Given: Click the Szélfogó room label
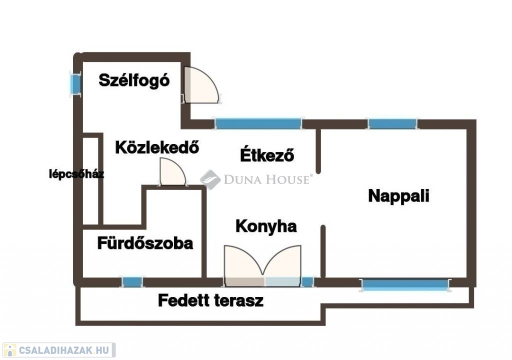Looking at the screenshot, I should coord(134,80).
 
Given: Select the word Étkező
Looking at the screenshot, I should coord(266,155).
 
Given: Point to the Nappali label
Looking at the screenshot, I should coord(398,195).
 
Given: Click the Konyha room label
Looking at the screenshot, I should coord(266,226).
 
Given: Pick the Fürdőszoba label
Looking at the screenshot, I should coord(145,243).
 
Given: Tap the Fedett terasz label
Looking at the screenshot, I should coord(210,301).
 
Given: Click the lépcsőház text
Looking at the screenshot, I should coord(76,174).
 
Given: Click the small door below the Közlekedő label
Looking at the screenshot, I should coord(171,172).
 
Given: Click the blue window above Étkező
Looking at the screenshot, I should coord(258,123).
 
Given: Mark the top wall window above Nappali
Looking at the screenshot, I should coord(392,123).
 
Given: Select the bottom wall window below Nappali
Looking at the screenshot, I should coord(404,285).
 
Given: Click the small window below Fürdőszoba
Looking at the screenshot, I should coord(132,282).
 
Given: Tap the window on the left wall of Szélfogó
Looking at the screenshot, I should coord(75,83).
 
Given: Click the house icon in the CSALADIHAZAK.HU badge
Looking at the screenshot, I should coord(9,350).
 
